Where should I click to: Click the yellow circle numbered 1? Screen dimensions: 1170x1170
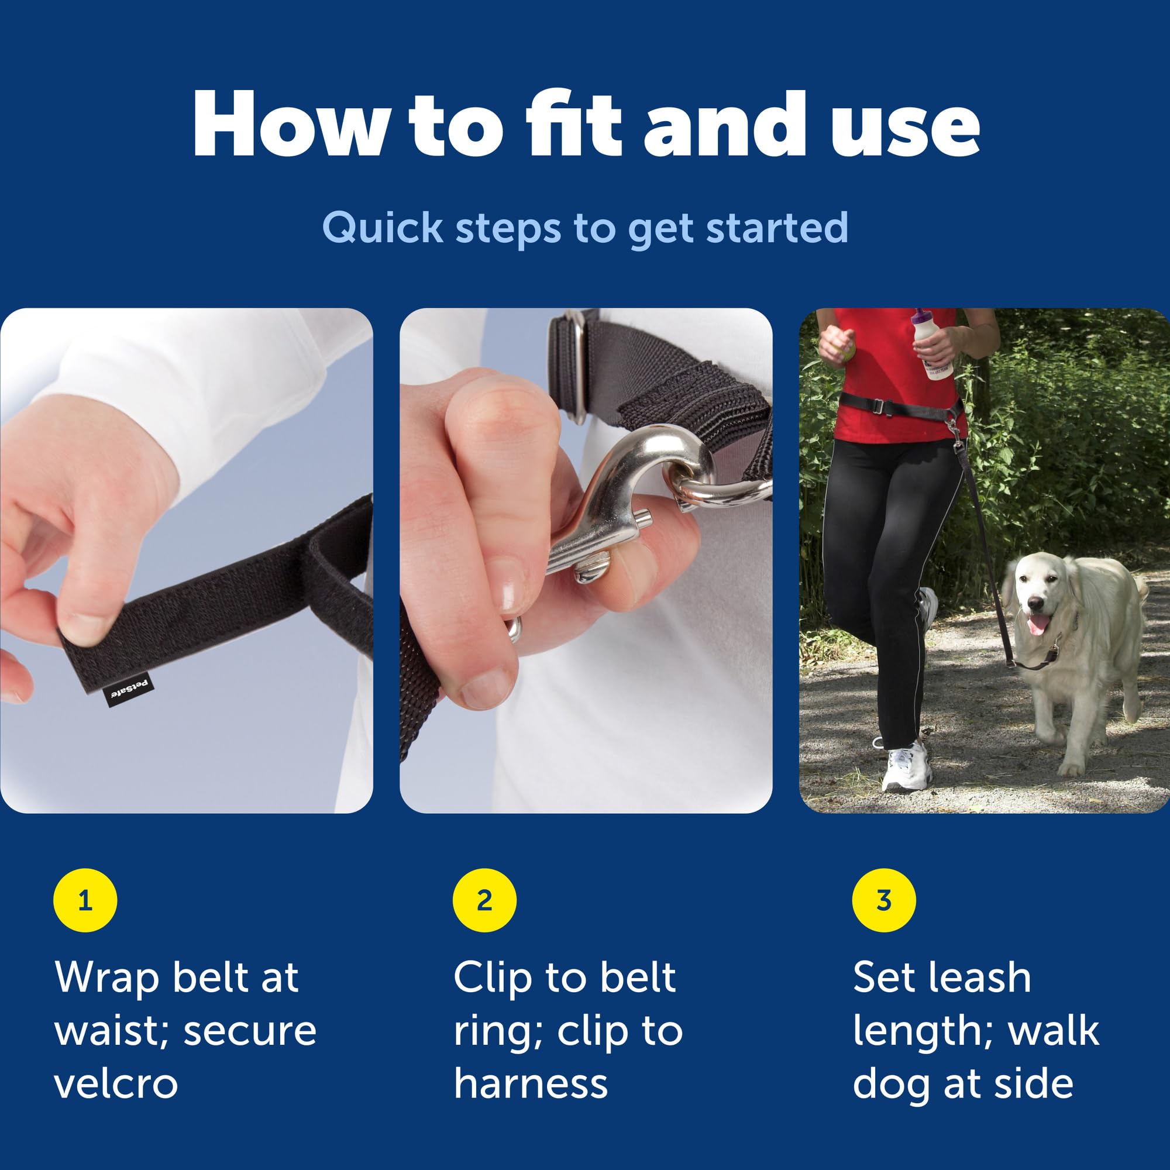tap(85, 900)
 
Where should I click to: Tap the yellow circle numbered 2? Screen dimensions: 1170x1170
tap(484, 900)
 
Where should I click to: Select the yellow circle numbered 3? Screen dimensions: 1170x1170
tap(884, 900)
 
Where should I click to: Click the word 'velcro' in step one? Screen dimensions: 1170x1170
tap(116, 1083)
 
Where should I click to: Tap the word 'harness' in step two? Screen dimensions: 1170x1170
tap(531, 1083)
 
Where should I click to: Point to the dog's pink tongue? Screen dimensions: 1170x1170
tap(1036, 624)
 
